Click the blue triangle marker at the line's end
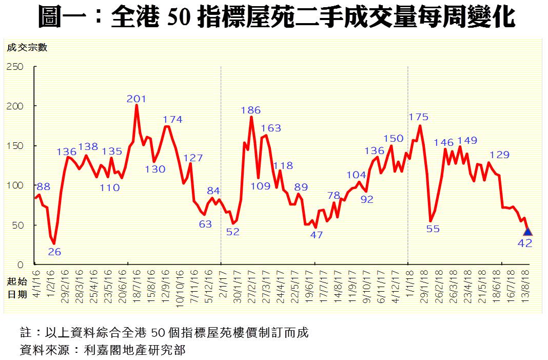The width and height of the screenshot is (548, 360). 527,232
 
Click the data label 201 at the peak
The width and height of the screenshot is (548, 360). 136,99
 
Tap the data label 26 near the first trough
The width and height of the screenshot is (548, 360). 54,252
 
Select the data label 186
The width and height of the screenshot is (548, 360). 251,110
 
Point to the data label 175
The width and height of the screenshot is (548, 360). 418,117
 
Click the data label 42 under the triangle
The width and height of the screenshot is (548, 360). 525,243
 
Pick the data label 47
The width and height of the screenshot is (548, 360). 317,235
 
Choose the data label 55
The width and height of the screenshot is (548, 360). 433,229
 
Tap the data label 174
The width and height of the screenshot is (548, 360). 172,119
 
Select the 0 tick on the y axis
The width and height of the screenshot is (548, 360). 21,265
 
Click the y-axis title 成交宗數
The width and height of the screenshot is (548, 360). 27,48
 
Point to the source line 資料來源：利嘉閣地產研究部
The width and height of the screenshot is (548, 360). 102,351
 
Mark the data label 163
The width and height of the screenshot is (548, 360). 271,128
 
